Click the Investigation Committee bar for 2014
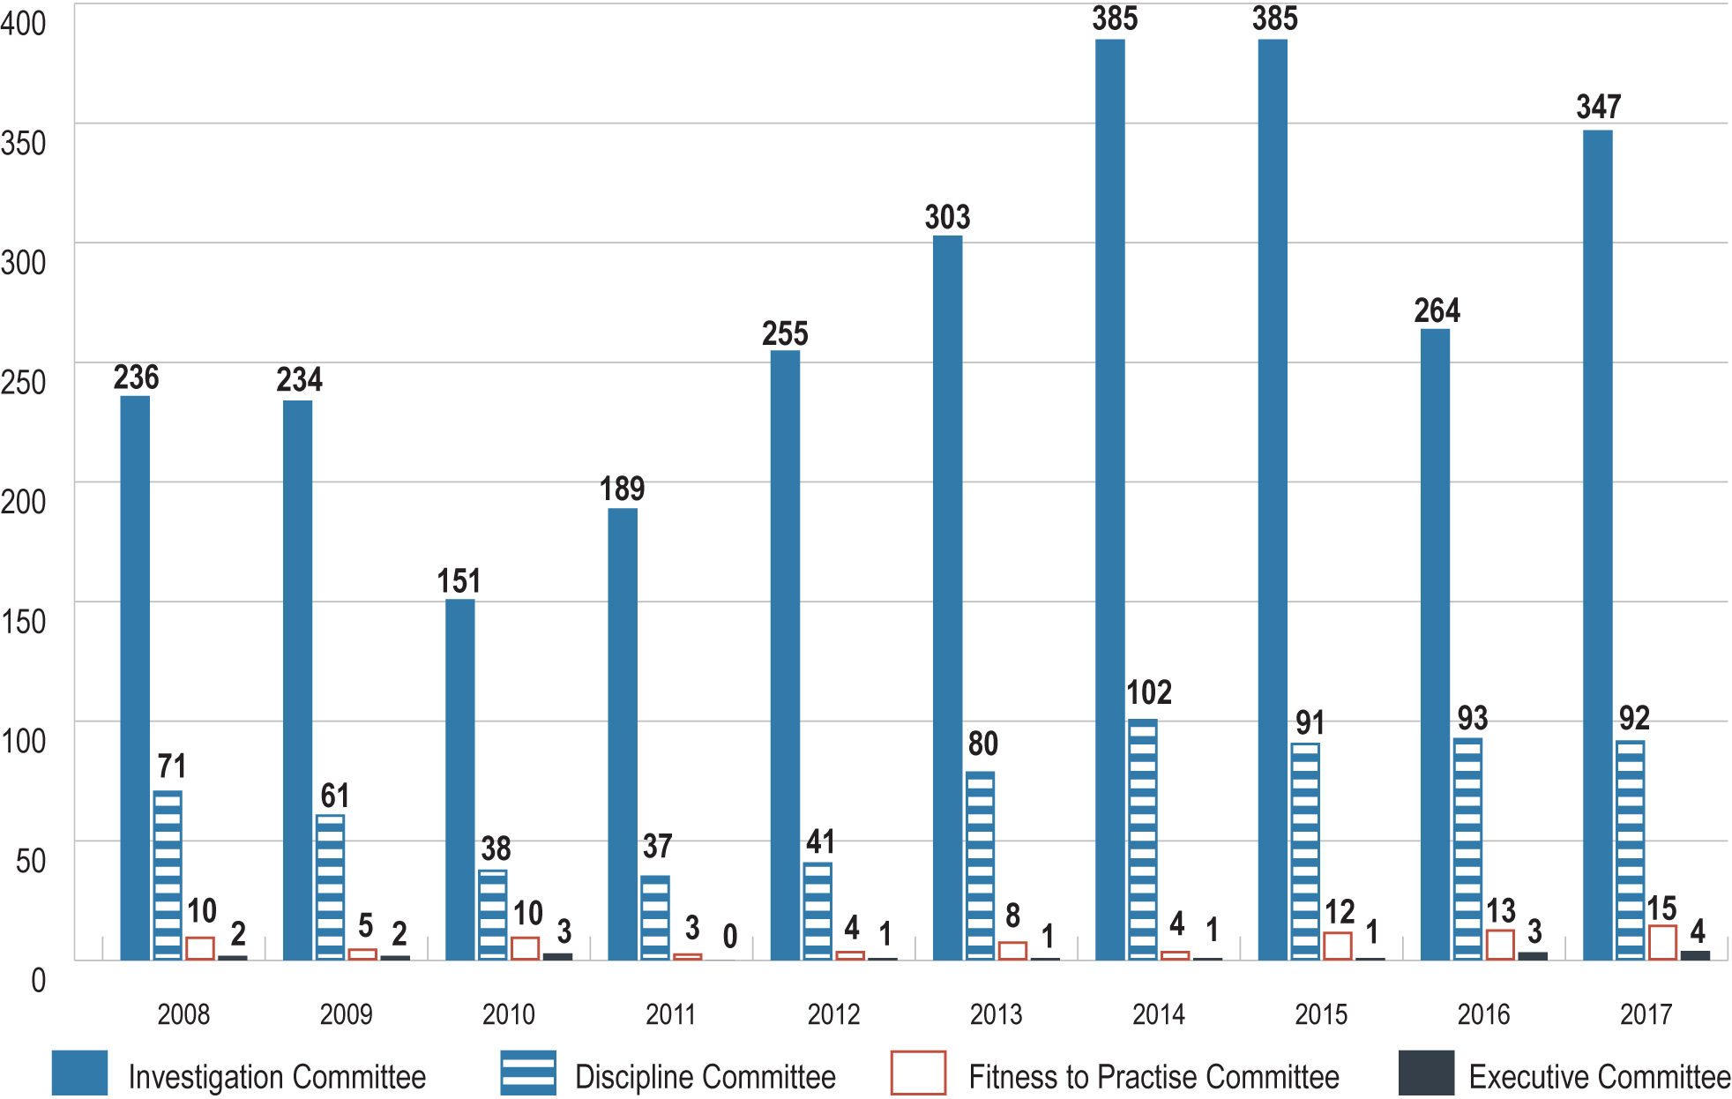pyautogui.click(x=1109, y=499)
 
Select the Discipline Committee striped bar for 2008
pyautogui.click(x=168, y=875)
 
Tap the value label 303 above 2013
pyautogui.click(x=947, y=217)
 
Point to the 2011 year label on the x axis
pyautogui.click(x=670, y=1014)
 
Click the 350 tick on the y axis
pyautogui.click(x=24, y=143)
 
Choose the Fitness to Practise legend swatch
pyautogui.click(x=918, y=1073)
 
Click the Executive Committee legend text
pyautogui.click(x=1599, y=1077)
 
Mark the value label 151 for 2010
pyautogui.click(x=459, y=581)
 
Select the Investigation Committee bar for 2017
pyautogui.click(x=1597, y=545)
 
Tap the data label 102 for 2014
pyautogui.click(x=1148, y=692)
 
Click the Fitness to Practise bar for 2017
pyautogui.click(x=1662, y=942)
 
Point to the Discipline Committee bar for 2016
pyautogui.click(x=1467, y=849)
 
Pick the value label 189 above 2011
pyautogui.click(x=622, y=489)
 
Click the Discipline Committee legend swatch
pyautogui.click(x=528, y=1073)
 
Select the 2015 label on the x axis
pyautogui.click(x=1320, y=1014)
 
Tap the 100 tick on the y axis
pyautogui.click(x=24, y=741)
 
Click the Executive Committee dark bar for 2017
pyautogui.click(x=1695, y=955)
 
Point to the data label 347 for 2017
pyautogui.click(x=1598, y=108)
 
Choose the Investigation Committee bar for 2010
pyautogui.click(x=459, y=780)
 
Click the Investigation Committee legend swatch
pyautogui.click(x=79, y=1073)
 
